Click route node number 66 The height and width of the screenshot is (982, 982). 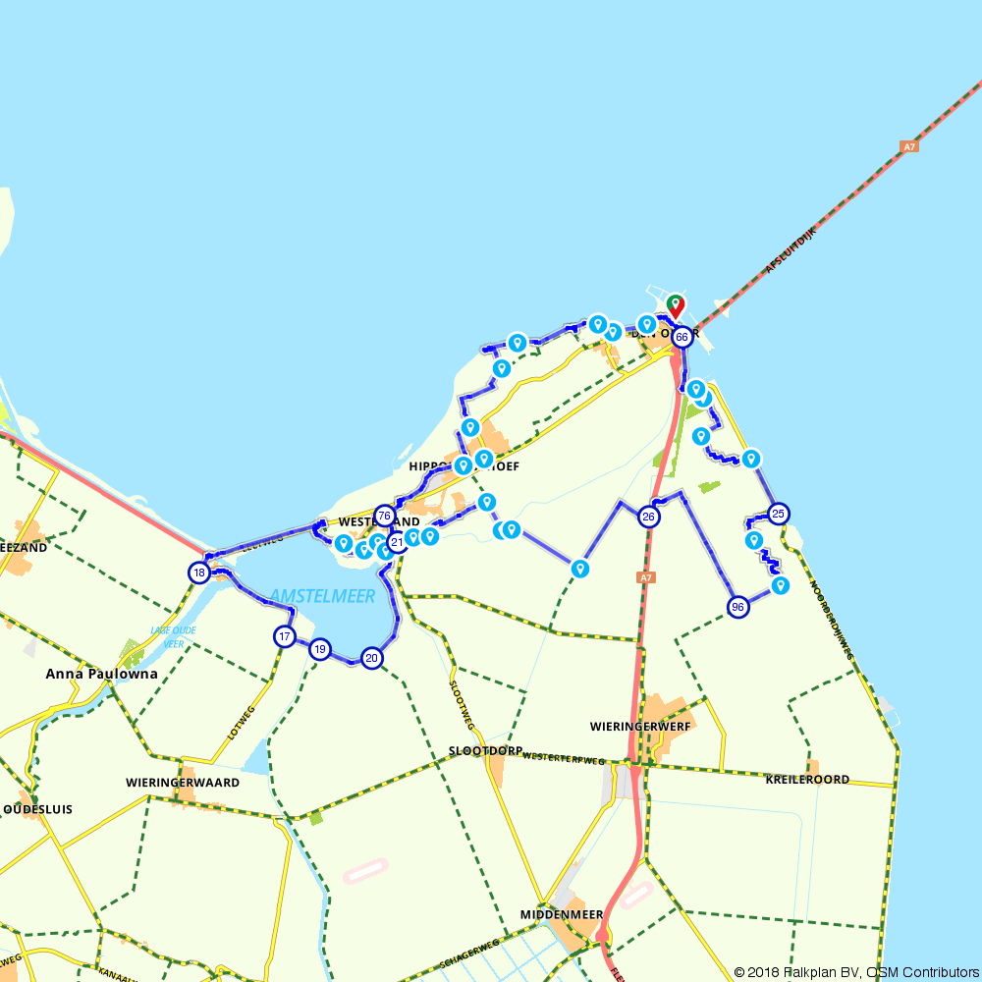[x=682, y=336]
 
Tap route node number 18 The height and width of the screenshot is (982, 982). [x=199, y=573]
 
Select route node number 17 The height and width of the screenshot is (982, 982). [x=285, y=636]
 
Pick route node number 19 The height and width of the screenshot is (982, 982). [x=320, y=649]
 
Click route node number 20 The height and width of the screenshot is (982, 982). [x=371, y=658]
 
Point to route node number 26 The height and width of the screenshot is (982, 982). [x=648, y=517]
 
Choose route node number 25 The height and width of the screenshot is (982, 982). [x=779, y=514]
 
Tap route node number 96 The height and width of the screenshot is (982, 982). [x=738, y=608]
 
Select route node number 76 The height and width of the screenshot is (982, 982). [x=385, y=516]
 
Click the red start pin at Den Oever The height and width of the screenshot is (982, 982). [x=676, y=305]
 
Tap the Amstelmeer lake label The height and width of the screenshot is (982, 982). [x=307, y=596]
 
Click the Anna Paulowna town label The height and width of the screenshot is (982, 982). [x=101, y=675]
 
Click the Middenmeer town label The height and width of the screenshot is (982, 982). [x=562, y=914]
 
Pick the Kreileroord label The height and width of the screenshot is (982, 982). [x=807, y=779]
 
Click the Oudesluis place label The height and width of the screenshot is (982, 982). [x=37, y=809]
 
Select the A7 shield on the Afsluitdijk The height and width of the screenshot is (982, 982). [x=909, y=147]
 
